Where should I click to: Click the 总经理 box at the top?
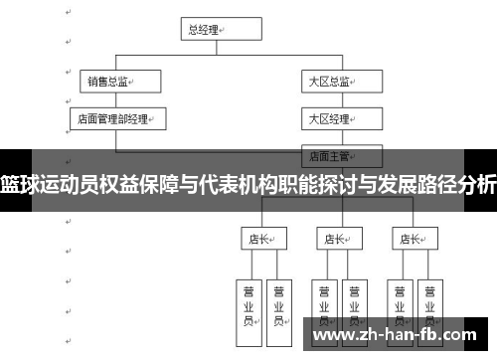tap(210, 30)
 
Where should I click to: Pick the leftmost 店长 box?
tap(261, 239)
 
